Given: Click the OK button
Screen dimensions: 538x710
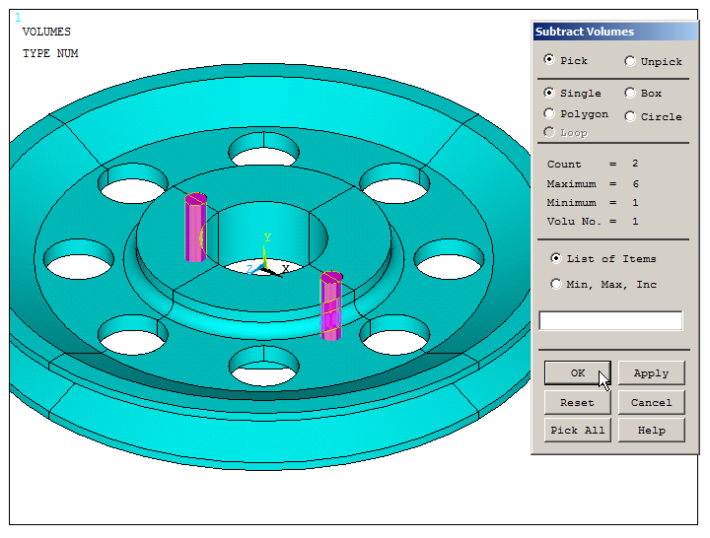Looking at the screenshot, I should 577,373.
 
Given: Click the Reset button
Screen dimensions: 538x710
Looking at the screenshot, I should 577,402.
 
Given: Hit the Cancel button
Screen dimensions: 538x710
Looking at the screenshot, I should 651,402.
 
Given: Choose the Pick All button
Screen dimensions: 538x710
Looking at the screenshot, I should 577,430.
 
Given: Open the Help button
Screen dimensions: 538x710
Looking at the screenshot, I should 651,430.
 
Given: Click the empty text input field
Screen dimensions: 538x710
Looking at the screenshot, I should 610,320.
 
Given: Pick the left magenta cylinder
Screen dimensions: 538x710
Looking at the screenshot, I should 195,229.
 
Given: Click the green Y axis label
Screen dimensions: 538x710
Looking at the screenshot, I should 266,238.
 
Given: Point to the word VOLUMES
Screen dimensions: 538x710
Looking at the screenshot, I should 46,32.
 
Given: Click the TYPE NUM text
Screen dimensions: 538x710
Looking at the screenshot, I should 50,53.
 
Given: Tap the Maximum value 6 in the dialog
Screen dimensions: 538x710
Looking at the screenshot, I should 635,183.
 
